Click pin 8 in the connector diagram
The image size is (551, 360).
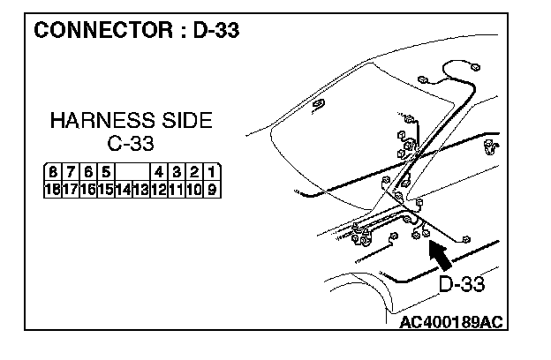pyautogui.click(x=55, y=172)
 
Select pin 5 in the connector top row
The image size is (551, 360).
pyautogui.click(x=106, y=172)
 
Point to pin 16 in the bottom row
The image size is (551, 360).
pyautogui.click(x=89, y=189)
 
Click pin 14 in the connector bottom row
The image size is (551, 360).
pyautogui.click(x=124, y=189)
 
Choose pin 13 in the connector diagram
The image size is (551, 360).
pyautogui.click(x=140, y=189)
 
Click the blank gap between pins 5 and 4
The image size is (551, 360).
pyautogui.click(x=132, y=172)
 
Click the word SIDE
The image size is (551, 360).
pyautogui.click(x=186, y=121)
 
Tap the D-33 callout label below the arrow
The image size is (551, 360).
pyautogui.click(x=462, y=284)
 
